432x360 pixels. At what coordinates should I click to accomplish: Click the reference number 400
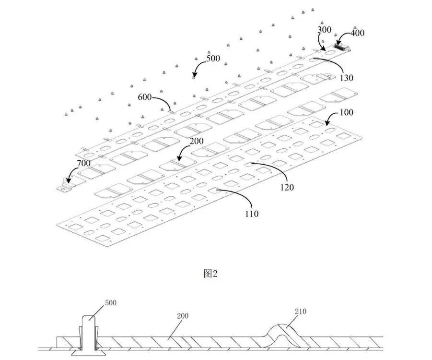(357, 33)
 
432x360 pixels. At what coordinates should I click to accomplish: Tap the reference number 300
(325, 30)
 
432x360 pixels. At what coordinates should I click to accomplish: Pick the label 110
(251, 214)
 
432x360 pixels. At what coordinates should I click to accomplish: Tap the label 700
(83, 164)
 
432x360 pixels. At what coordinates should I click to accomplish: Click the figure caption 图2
(211, 274)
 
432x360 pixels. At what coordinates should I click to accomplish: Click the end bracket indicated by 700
(64, 185)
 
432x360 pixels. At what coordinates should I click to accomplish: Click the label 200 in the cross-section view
(183, 316)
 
